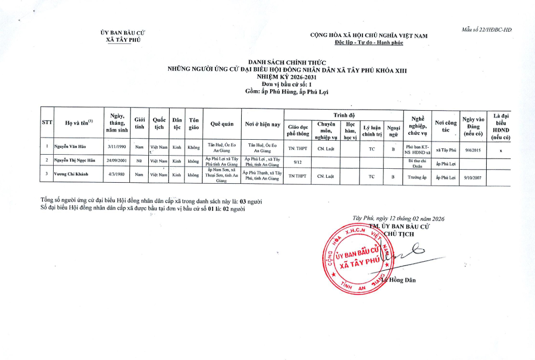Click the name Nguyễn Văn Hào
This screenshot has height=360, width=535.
coord(70,146)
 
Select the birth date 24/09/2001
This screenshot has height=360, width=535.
coord(117,160)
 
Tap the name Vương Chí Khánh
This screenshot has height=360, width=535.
coord(71,174)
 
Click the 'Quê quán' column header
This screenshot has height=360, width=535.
coord(221,124)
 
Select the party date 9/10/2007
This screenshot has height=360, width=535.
coord(473,176)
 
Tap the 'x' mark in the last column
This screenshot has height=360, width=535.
coord(500,150)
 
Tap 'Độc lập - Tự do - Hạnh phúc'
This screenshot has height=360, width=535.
coord(368,42)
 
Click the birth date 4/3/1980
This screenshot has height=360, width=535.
coord(117,174)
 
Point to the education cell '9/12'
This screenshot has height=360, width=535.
coord(297,160)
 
